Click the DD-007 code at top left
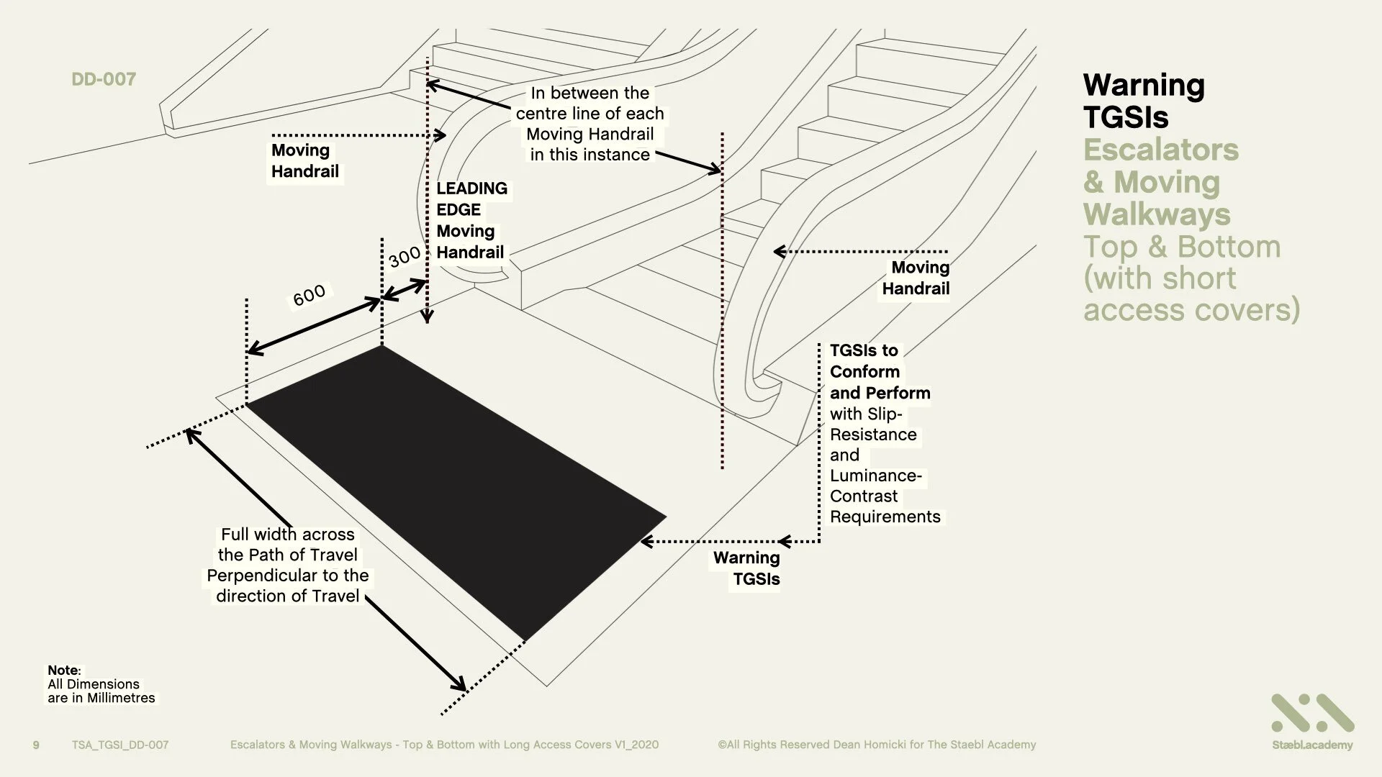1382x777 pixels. tap(104, 79)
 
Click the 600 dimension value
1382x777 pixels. tap(309, 295)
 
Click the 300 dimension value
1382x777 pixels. tap(404, 257)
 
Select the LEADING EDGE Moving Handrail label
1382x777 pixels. tap(471, 220)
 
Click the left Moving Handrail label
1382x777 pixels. tap(304, 161)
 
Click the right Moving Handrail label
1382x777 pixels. tap(916, 278)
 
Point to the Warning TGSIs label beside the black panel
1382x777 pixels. tap(747, 568)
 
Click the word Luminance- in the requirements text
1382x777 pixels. tap(875, 476)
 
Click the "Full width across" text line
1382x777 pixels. tap(288, 535)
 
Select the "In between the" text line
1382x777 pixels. tap(590, 93)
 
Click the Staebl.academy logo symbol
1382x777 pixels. tap(1312, 714)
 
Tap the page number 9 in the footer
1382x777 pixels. tap(37, 745)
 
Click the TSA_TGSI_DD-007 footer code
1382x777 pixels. tap(120, 745)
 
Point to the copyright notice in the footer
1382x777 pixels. tap(877, 745)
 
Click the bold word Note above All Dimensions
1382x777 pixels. tap(63, 670)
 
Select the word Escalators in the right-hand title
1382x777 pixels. tap(1160, 150)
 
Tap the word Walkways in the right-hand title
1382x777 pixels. tap(1157, 214)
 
